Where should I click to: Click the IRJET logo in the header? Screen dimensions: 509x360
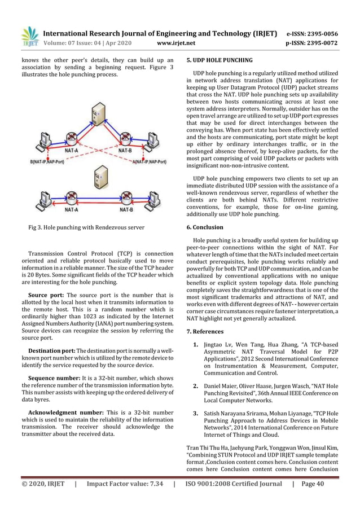pos(29,36)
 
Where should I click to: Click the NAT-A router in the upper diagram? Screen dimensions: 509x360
pos(71,140)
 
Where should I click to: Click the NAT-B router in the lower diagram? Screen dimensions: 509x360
pos(126,199)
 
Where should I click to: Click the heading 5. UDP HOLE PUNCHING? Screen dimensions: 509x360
pos(219,60)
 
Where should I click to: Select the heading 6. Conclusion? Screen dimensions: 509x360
pos(204,227)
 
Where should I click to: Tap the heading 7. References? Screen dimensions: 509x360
pos(205,331)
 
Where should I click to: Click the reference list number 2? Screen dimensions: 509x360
pos(195,386)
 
